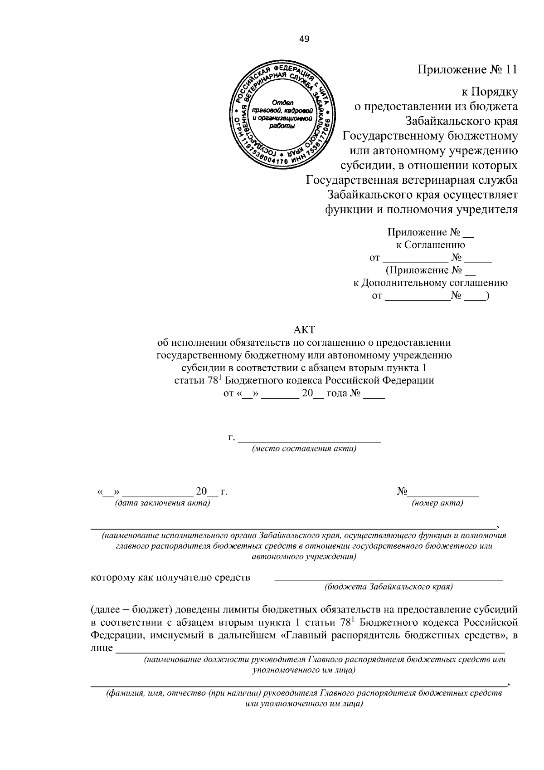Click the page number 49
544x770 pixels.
304,39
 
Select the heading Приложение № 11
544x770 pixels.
467,70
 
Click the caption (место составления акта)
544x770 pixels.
304,449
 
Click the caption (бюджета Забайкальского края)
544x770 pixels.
389,587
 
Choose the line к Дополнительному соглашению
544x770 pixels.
430,283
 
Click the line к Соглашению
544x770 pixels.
430,245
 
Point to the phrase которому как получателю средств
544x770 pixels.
171,578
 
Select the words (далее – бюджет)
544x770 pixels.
130,608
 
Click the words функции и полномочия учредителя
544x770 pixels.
422,210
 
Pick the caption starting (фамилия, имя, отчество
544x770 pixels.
304,694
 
